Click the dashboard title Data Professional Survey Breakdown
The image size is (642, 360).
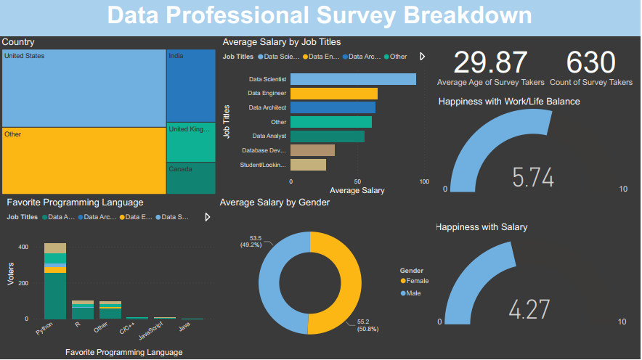[x=320, y=15]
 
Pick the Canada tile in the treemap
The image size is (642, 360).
[x=190, y=178]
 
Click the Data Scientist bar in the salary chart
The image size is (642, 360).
[x=353, y=79]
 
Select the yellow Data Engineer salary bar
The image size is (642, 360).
[x=333, y=94]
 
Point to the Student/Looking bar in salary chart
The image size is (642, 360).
[x=308, y=165]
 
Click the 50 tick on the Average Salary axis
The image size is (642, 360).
[x=357, y=181]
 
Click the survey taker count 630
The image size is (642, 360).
[x=590, y=62]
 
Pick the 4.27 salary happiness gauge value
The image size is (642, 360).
[x=528, y=310]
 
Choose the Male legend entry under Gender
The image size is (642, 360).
[x=410, y=293]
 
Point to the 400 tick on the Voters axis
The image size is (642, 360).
[x=23, y=247]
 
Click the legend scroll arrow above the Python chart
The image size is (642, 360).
[x=208, y=217]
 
